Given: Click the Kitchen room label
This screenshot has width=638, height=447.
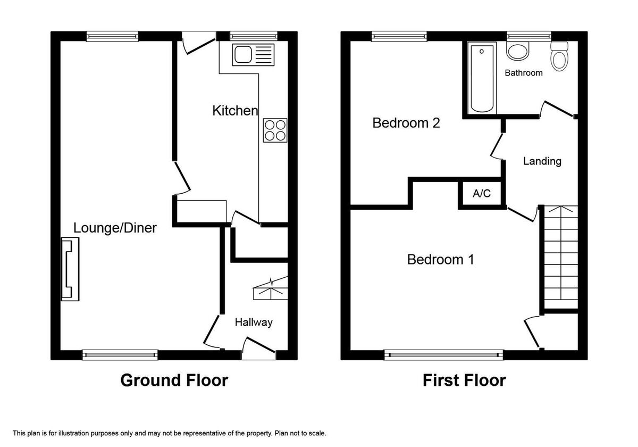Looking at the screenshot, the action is (235, 111).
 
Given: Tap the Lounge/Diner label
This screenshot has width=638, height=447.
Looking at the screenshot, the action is (115, 228).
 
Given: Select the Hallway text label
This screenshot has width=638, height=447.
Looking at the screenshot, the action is (254, 322).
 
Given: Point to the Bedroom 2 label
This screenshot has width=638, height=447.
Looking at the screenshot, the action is (406, 123).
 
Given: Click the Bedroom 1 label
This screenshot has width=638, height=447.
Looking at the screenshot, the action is (441, 260).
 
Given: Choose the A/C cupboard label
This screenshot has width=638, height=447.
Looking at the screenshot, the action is (482, 194).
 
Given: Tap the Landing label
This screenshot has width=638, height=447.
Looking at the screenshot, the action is (542, 161).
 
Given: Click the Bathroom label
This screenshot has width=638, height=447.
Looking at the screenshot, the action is (524, 73).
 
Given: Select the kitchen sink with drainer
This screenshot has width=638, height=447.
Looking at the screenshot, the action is (253, 55).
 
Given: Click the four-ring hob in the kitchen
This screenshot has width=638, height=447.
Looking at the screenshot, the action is (275, 130).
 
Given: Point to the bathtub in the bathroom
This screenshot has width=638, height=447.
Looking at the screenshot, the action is (482, 78).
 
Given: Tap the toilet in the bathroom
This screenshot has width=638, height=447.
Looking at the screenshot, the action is (559, 56).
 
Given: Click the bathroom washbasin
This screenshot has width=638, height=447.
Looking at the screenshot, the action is (517, 52).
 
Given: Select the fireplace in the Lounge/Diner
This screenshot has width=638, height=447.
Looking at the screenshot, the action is (70, 269).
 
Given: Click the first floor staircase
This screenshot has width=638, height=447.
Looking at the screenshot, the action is (561, 257).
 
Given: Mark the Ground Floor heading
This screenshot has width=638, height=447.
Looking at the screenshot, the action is (174, 380).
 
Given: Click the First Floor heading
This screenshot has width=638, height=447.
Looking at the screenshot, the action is (464, 380).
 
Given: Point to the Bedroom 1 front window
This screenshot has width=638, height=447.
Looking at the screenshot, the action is (443, 354).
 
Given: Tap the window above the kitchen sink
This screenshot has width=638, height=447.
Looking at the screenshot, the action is (254, 36).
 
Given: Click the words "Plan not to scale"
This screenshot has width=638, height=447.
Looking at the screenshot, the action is (300, 434).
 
